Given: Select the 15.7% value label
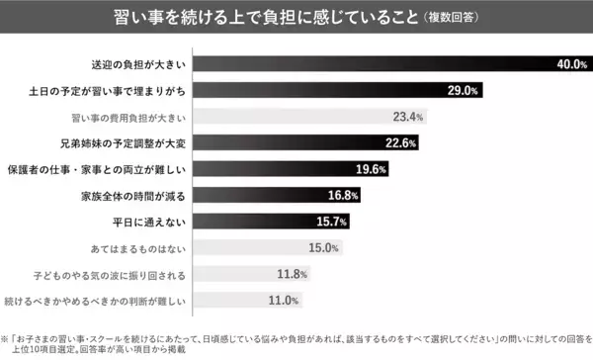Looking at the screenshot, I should pyautogui.click(x=333, y=221).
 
